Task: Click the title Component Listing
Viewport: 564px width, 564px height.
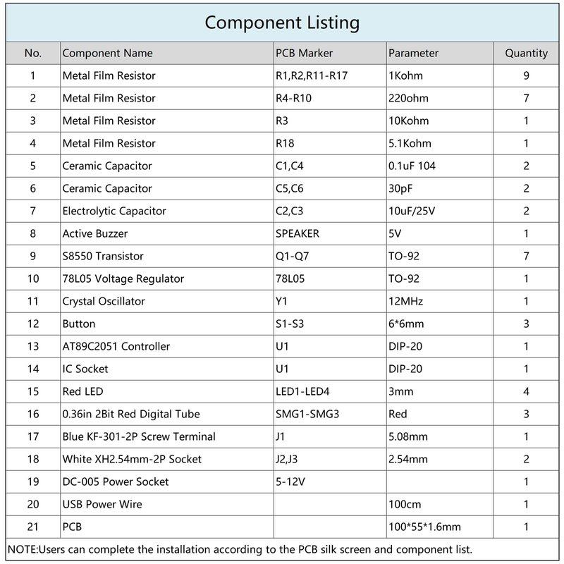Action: click(282, 23)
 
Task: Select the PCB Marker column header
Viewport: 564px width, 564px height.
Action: click(303, 53)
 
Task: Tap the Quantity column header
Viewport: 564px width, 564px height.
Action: click(526, 53)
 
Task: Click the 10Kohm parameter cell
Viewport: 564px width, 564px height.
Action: click(409, 121)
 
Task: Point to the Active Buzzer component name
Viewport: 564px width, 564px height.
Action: click(95, 233)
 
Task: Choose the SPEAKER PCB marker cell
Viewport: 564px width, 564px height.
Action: click(297, 233)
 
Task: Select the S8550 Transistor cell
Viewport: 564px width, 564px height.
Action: click(103, 256)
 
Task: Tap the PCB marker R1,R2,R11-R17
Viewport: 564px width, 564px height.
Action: click(310, 75)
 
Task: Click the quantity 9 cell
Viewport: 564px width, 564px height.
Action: click(526, 75)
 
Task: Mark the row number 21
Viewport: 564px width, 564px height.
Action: click(33, 527)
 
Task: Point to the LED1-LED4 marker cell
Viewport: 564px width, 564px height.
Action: click(302, 391)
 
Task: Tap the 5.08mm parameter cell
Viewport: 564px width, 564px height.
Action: click(408, 436)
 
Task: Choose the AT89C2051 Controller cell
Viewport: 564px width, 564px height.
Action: click(116, 346)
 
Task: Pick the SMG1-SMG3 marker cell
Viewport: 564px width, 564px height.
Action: click(307, 414)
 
